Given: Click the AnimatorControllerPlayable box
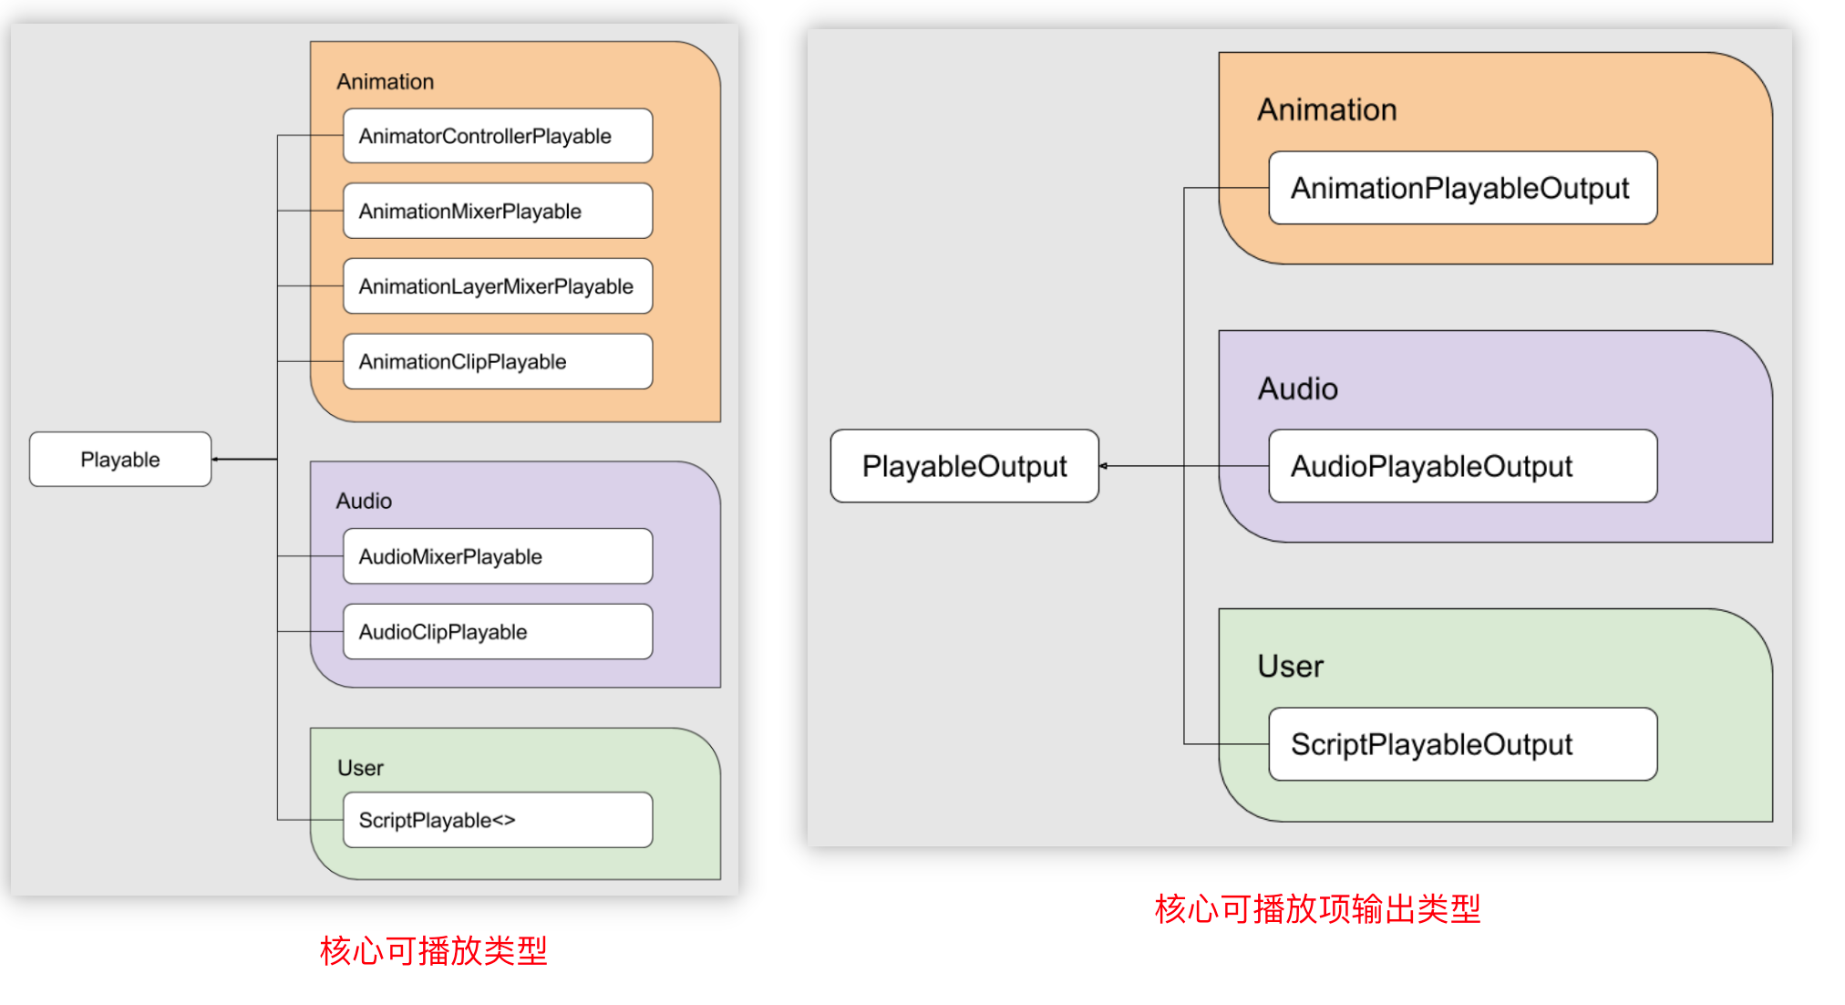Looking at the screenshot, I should click(497, 136).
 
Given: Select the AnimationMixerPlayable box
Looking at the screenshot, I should click(497, 211).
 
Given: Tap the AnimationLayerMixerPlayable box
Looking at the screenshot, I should click(497, 286).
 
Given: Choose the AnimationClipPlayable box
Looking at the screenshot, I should click(497, 362).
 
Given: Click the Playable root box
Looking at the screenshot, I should click(120, 460).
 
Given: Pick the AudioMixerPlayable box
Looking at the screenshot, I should click(497, 556).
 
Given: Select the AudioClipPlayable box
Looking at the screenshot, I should click(497, 632).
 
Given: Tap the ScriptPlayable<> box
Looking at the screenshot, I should click(497, 820).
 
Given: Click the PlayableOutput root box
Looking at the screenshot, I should click(964, 466).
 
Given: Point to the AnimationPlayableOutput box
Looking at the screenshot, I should click(1462, 188).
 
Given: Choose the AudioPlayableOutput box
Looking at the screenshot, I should click(1462, 466).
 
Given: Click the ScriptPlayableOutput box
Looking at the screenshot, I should click(1462, 744).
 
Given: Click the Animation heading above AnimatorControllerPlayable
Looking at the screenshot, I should click(385, 82).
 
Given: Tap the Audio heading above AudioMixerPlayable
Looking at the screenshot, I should click(364, 501).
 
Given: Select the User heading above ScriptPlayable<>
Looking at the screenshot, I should click(360, 768).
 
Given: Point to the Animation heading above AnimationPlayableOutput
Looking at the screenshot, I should click(1326, 110).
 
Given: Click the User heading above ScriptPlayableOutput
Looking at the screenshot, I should click(1290, 667).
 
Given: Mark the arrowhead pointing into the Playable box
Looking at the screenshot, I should click(216, 460).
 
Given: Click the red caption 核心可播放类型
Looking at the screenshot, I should click(433, 951).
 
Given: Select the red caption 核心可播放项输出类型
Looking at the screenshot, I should click(1317, 909).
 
